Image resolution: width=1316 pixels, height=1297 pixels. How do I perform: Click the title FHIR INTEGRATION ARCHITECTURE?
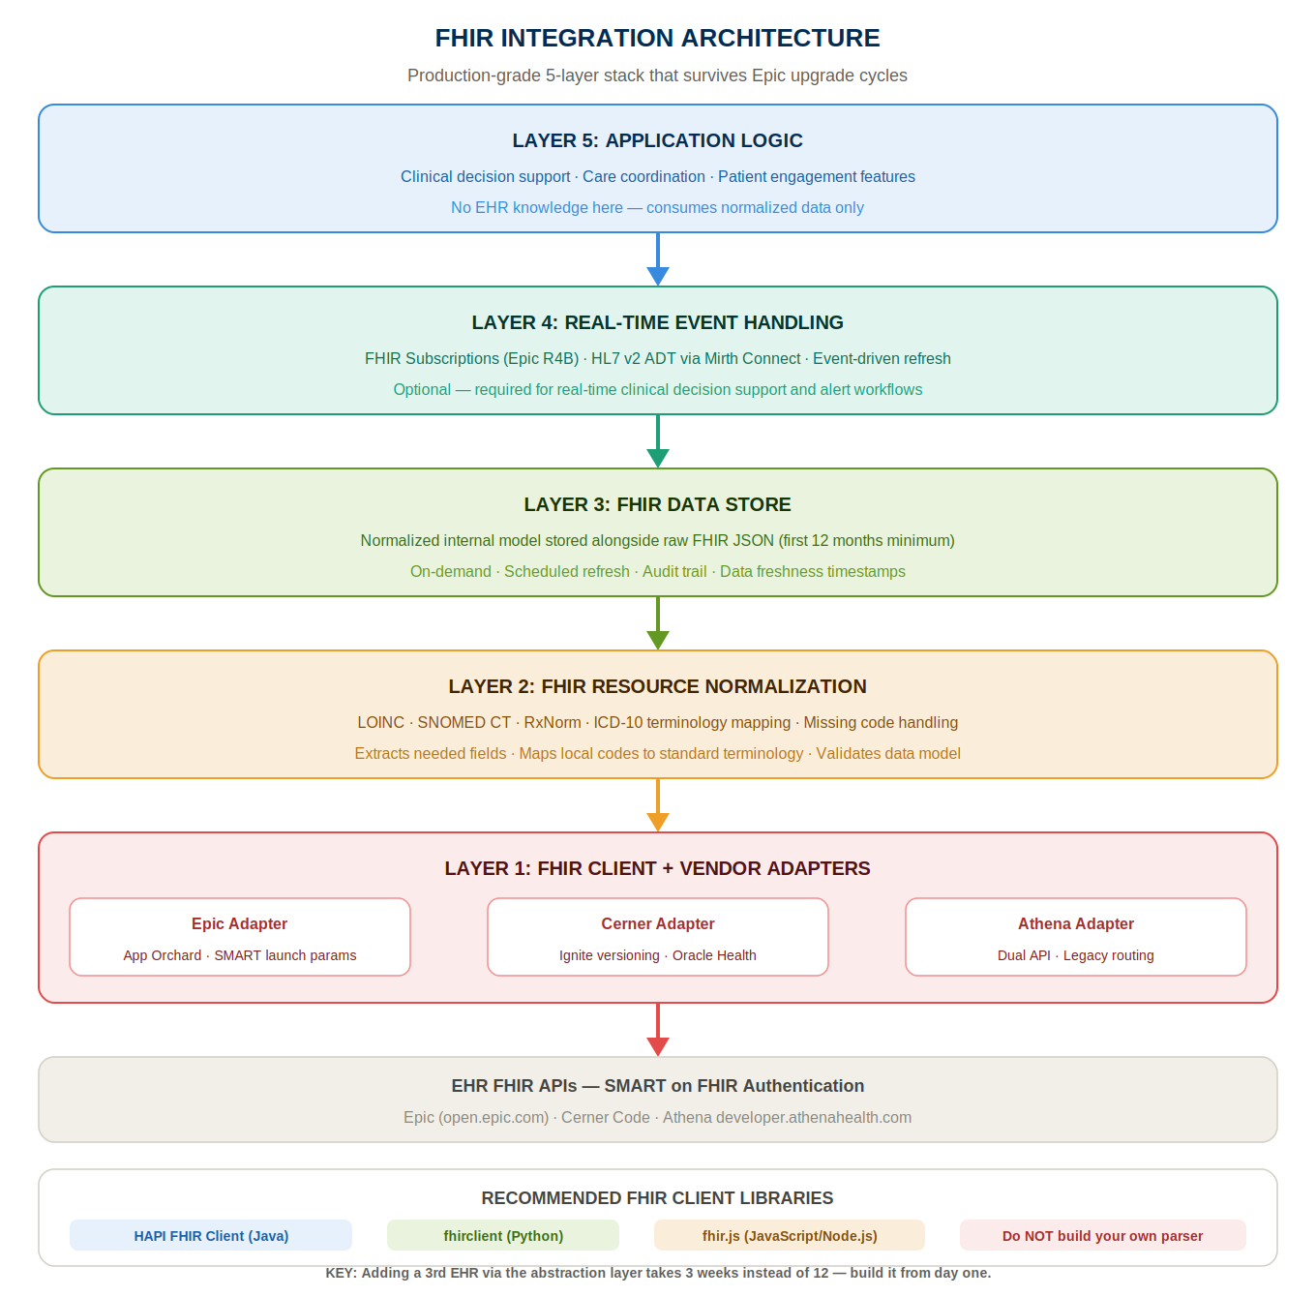click(x=657, y=38)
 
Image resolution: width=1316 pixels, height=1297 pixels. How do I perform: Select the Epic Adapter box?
click(x=240, y=936)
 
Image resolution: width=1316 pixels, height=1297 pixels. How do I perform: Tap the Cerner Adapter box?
click(x=658, y=936)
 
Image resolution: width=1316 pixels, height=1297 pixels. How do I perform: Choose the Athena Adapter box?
click(x=1076, y=936)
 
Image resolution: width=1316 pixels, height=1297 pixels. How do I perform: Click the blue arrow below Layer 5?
click(x=658, y=259)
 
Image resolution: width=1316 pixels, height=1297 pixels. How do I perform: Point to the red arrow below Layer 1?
click(x=658, y=1030)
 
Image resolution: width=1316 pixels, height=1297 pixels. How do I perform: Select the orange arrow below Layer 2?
click(x=658, y=805)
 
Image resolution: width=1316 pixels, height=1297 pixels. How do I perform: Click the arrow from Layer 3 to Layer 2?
click(x=658, y=623)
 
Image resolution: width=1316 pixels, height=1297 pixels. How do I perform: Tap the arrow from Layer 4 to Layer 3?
click(x=658, y=441)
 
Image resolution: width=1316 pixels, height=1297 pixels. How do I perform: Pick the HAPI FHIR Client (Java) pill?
click(x=211, y=1235)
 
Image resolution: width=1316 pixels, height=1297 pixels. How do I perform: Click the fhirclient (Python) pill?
click(x=503, y=1235)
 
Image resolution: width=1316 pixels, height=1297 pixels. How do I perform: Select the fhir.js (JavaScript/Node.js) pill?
click(x=790, y=1235)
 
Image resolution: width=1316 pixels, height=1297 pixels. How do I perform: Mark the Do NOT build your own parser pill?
click(x=1103, y=1235)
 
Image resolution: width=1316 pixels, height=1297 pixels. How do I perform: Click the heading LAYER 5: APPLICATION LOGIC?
click(x=657, y=140)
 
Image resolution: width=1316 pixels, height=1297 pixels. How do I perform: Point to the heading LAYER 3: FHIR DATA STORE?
click(x=657, y=504)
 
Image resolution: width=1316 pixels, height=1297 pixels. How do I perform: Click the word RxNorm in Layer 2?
click(x=552, y=722)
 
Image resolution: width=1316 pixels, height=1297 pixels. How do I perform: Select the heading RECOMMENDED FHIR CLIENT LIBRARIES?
click(x=657, y=1198)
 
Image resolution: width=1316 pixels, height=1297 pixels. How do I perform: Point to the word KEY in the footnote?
click(x=340, y=1273)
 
